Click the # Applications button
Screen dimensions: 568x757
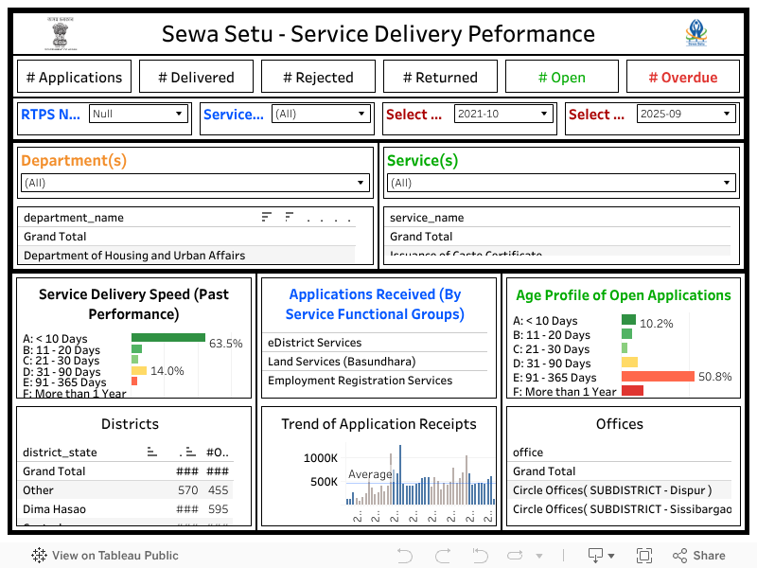(x=74, y=78)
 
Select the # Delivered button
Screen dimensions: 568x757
(x=196, y=78)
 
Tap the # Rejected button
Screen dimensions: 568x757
(x=318, y=78)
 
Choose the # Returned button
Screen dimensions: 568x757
(x=440, y=78)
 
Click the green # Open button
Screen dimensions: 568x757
(x=562, y=78)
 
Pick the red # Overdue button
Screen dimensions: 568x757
(x=683, y=78)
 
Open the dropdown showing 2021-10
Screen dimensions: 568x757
(x=502, y=114)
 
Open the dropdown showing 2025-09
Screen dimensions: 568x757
(x=685, y=114)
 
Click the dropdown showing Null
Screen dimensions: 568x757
(x=138, y=114)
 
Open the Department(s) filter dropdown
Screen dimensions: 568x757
(x=195, y=183)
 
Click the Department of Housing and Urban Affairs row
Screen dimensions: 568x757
(x=134, y=256)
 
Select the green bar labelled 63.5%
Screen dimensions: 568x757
(x=168, y=337)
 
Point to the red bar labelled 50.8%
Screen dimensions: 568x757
(x=658, y=377)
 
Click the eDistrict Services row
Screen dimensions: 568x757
(x=315, y=343)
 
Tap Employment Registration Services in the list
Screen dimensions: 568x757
(x=361, y=381)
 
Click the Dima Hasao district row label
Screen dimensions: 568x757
(x=54, y=509)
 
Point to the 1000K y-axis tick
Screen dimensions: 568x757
(x=320, y=458)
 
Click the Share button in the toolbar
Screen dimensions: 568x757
(x=699, y=556)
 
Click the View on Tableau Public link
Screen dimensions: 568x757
(x=105, y=556)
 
